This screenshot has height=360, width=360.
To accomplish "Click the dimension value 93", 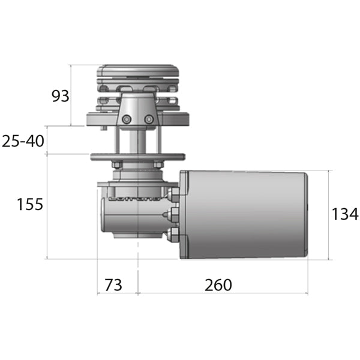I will [60, 95].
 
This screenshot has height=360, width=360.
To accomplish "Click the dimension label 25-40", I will [23, 141].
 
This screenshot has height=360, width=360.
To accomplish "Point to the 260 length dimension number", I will [218, 285].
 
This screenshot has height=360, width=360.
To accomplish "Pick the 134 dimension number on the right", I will [345, 214].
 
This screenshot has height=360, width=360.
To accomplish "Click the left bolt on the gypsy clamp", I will [126, 121].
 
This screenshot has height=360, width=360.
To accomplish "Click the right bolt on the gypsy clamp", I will [149, 121].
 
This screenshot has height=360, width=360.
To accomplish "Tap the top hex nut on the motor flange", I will [174, 194].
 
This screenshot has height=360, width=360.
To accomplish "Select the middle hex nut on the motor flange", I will [174, 214].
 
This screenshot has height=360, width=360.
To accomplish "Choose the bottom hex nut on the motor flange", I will [174, 233].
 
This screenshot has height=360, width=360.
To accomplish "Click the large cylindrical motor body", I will [246, 215].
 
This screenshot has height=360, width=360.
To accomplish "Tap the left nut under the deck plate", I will [117, 164].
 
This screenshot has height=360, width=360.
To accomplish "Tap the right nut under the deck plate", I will [157, 164].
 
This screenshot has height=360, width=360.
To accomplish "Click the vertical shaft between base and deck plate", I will [138, 141].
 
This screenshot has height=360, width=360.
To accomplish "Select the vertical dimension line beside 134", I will [329, 215].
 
